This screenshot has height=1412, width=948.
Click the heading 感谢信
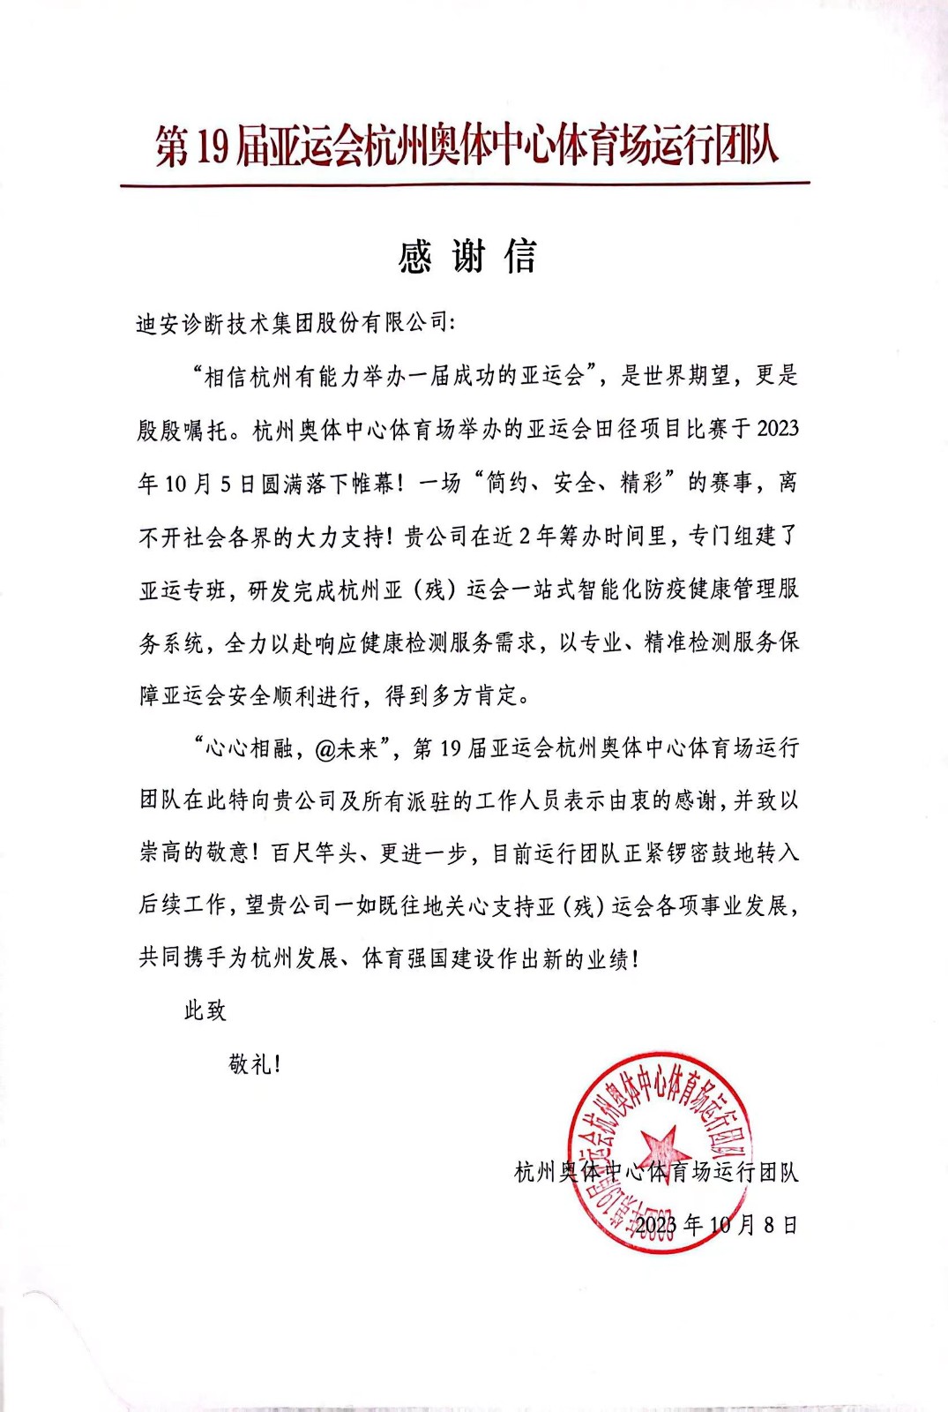(467, 257)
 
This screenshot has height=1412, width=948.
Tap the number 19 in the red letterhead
(212, 146)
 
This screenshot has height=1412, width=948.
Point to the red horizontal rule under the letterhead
(465, 184)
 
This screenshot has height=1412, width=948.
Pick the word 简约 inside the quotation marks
(508, 483)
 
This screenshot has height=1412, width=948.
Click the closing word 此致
(205, 1011)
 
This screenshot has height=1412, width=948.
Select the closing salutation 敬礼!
(255, 1064)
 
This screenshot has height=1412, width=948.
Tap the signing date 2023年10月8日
(716, 1225)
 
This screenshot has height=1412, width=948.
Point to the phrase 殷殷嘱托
(183, 430)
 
